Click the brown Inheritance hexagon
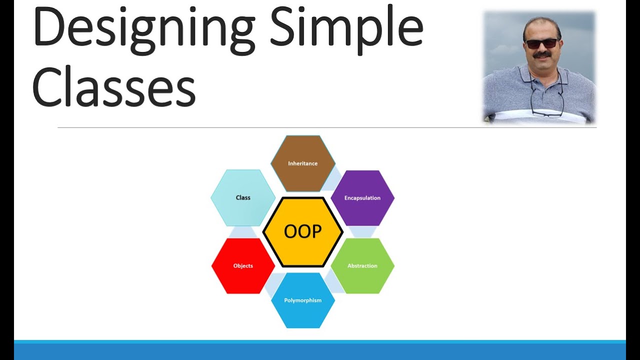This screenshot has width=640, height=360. click(x=302, y=163)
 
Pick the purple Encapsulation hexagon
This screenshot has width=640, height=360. click(x=362, y=198)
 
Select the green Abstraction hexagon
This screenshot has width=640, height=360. click(x=362, y=265)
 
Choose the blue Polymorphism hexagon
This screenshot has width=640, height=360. click(x=302, y=300)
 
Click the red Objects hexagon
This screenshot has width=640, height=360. click(x=243, y=265)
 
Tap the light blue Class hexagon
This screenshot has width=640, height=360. click(x=243, y=197)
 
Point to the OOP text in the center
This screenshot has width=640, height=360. click(x=302, y=231)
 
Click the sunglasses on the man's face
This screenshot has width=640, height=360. click(x=541, y=43)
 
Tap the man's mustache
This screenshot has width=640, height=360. click(x=542, y=54)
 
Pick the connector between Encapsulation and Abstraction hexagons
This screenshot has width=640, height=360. click(x=362, y=231)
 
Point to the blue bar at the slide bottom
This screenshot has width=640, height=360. click(x=320, y=350)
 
